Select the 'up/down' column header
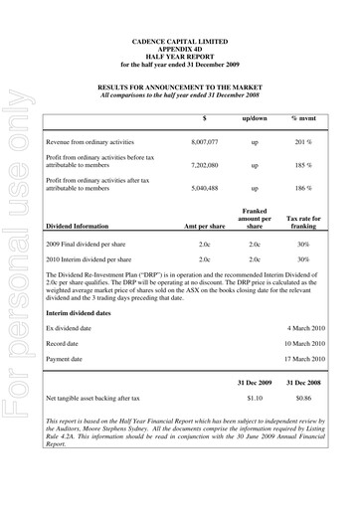tap(255, 117)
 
